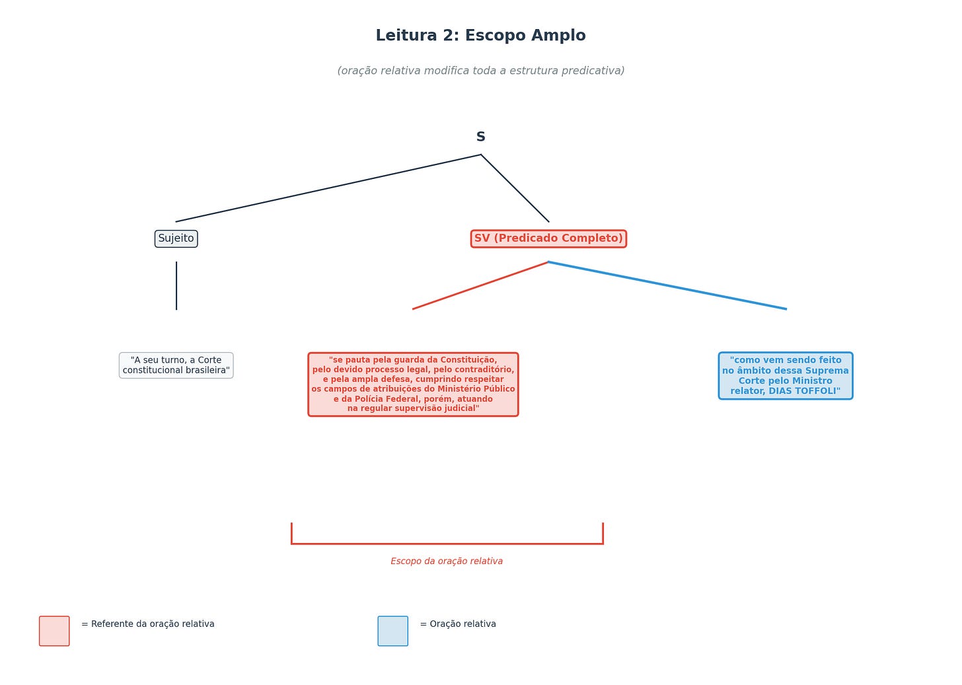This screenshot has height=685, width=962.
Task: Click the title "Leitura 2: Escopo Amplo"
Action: [x=480, y=36]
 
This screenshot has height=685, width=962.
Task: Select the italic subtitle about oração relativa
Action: [x=480, y=71]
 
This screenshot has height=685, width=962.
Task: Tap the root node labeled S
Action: [x=480, y=137]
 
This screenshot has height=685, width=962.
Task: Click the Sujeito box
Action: [x=176, y=238]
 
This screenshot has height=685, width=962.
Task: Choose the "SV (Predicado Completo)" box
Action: [x=548, y=238]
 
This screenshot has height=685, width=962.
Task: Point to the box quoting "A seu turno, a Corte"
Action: [x=176, y=365]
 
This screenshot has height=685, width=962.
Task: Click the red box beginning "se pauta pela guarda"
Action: [x=413, y=384]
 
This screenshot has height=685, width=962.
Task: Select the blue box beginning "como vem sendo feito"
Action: [x=785, y=375]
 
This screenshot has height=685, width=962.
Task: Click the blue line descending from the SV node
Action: [x=667, y=285]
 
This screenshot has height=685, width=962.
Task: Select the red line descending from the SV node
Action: [x=480, y=285]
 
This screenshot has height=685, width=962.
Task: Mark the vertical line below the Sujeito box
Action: [x=176, y=285]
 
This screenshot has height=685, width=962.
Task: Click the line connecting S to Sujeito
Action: [x=328, y=188]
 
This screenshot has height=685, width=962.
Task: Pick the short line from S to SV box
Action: [x=515, y=188]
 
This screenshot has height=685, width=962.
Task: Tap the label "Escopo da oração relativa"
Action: [x=447, y=561]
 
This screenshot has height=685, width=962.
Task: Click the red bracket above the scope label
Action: [x=447, y=544]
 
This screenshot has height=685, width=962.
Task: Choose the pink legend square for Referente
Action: [x=54, y=631]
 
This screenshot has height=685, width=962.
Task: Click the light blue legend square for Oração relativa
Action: [x=392, y=631]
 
